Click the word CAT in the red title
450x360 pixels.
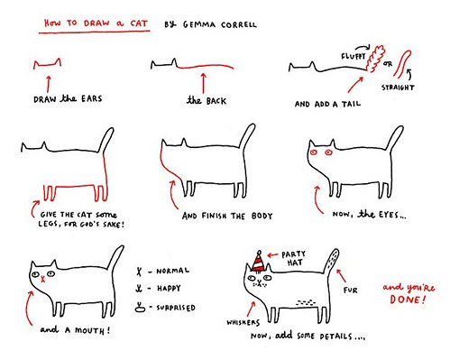coord(139,23)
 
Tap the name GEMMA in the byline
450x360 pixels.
coord(199,24)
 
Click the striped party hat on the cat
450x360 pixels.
coord(259,263)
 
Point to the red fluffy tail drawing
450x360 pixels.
coord(375,59)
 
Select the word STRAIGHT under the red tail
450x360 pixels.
coord(398,88)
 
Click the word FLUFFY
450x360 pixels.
coord(353,56)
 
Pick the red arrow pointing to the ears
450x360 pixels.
coord(48,84)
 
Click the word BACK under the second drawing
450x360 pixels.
coord(216,101)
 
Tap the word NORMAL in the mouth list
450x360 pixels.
coord(172,271)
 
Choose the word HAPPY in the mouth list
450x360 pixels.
coord(169,289)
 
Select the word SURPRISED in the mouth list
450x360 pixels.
coord(176,308)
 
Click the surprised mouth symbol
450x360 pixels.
coord(140,307)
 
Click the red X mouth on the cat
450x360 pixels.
coord(43,279)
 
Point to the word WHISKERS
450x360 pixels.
coord(243,323)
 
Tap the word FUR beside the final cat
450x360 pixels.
coord(351,291)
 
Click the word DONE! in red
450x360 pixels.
coord(408,300)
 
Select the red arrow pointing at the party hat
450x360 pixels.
coord(272,255)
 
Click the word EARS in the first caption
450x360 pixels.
coord(91,98)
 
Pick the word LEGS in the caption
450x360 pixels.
coord(47,224)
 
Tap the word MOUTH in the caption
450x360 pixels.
coord(89,330)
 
